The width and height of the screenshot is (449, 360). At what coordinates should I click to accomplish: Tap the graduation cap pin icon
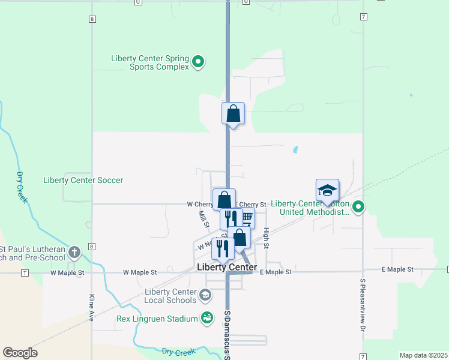pyautogui.click(x=328, y=191)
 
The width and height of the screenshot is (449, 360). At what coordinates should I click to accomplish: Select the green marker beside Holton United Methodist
pyautogui.click(x=358, y=208)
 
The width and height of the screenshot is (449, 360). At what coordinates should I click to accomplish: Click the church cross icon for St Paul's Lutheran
pyautogui.click(x=74, y=253)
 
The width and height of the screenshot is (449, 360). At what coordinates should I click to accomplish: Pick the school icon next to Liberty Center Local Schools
pyautogui.click(x=205, y=295)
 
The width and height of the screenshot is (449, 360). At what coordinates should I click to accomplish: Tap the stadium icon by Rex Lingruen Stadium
pyautogui.click(x=207, y=318)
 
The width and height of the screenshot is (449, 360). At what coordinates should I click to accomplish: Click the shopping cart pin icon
pyautogui.click(x=246, y=218)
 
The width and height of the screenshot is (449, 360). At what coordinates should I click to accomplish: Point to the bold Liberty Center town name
pyautogui.click(x=227, y=267)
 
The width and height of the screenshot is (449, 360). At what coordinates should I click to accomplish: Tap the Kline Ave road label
pyautogui.click(x=92, y=307)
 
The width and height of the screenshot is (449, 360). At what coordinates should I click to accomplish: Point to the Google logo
pyautogui.click(x=20, y=353)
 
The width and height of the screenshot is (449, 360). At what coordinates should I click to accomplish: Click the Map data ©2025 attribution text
pyautogui.click(x=423, y=355)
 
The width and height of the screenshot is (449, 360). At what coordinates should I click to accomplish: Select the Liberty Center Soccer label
pyautogui.click(x=83, y=180)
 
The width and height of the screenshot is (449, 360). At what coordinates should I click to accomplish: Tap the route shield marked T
pyautogui.click(x=25, y=272)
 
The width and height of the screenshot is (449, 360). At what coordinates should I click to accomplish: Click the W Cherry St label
pyautogui.click(x=200, y=205)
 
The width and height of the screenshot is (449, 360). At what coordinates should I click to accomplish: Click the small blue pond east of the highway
pyautogui.click(x=295, y=149)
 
